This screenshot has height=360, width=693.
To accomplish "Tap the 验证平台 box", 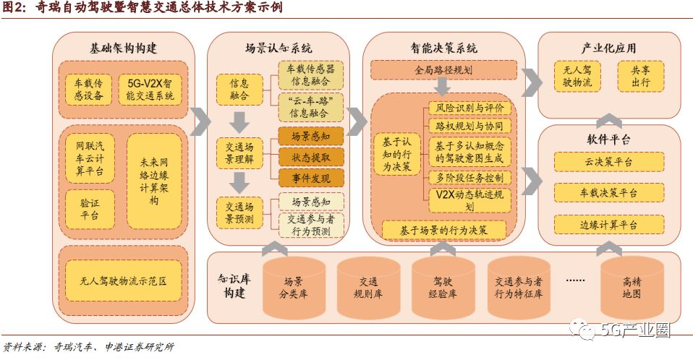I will (x=89, y=207).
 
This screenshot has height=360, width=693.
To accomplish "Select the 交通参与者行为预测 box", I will (x=310, y=225).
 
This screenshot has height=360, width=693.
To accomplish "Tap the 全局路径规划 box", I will (x=443, y=70).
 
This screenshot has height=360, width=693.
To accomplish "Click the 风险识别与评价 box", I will (x=469, y=108).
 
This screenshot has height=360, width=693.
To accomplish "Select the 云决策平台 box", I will (x=608, y=162).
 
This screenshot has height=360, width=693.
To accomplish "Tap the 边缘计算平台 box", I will (x=608, y=225).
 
